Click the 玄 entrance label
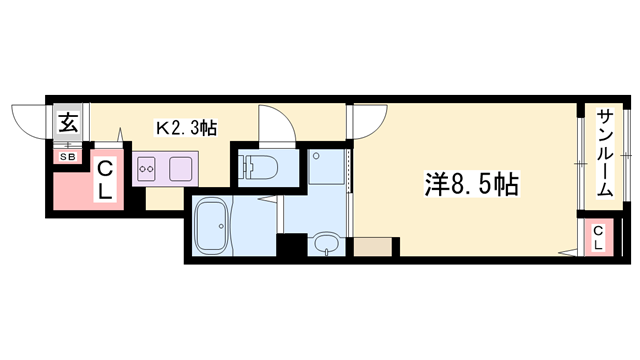coord(68,124)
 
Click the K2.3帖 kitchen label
coord(186,127)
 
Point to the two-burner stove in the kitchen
coord(148,167)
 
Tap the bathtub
coord(211,225)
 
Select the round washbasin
coord(323,243)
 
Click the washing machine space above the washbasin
coord(327,165)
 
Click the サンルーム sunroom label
coord(605,153)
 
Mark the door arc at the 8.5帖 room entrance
coord(367,120)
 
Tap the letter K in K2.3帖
coord(160,127)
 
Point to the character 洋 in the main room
coord(433,185)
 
